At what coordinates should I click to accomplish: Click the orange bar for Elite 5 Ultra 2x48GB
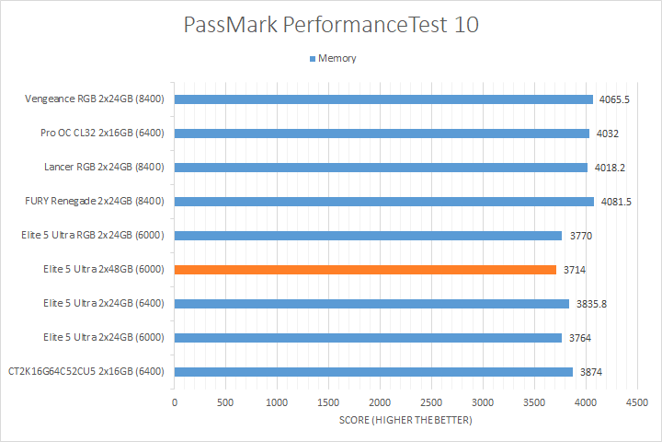(x=365, y=269)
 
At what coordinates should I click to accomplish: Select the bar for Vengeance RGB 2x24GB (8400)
(x=383, y=99)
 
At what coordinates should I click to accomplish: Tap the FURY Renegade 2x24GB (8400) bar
(x=384, y=201)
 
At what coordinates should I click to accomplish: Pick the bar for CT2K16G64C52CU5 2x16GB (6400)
(x=373, y=372)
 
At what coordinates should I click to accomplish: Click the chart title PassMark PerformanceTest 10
(x=331, y=25)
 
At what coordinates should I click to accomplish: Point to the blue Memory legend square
(x=312, y=59)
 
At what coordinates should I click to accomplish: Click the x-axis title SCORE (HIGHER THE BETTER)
(x=404, y=421)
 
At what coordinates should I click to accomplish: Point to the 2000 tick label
(x=380, y=402)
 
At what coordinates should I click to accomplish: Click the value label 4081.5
(x=614, y=201)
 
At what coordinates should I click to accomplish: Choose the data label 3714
(x=576, y=269)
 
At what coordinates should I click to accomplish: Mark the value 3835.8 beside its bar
(x=590, y=303)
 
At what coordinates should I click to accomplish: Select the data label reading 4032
(x=607, y=134)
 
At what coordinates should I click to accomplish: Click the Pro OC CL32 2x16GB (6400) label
(x=102, y=134)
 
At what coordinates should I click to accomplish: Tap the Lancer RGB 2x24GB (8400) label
(x=104, y=168)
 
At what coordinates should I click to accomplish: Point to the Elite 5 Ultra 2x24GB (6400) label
(x=103, y=303)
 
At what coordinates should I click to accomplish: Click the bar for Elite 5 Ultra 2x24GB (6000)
(x=368, y=337)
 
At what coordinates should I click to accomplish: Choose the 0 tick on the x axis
(x=175, y=402)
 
